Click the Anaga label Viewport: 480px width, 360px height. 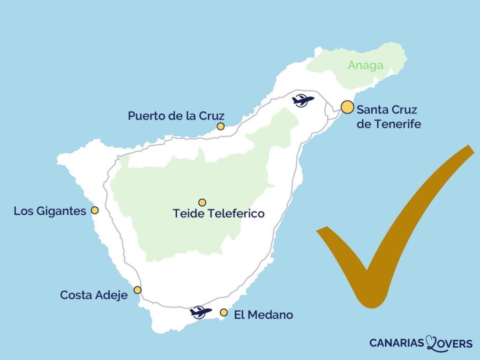coord(365,66)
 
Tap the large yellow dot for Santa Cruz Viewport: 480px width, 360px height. coord(347,107)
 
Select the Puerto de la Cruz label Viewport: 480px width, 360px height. coord(176,116)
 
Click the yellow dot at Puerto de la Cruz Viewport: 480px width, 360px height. coord(221,126)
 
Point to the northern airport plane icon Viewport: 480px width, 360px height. coord(302,100)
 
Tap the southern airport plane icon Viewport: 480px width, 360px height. coord(201,312)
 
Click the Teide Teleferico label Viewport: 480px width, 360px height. coord(218,214)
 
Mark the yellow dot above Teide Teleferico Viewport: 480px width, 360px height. coord(202,202)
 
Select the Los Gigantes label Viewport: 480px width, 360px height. coord(50,211)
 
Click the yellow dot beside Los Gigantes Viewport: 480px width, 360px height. coord(95,210)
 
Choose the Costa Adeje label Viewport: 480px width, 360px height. coord(94,295)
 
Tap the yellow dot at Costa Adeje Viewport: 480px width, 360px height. coord(137,290)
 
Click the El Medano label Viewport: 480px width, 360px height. coord(263,315)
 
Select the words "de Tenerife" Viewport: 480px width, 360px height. coord(389,124)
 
